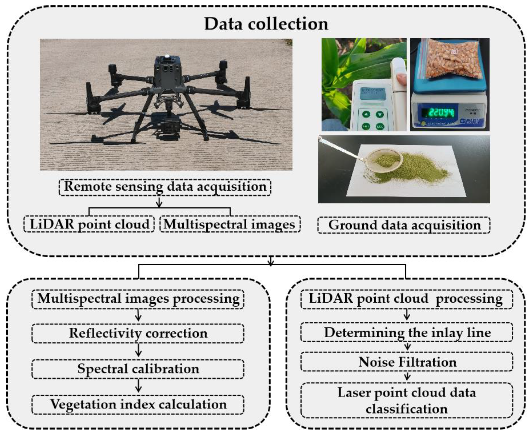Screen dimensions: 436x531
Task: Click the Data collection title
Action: coord(266,24)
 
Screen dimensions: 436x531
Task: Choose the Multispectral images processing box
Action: coord(138,299)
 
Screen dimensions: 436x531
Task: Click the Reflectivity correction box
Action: coord(138,333)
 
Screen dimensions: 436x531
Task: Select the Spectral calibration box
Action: coord(138,369)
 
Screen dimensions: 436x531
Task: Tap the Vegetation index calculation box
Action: coord(138,404)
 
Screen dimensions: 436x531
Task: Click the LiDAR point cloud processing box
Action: coord(406,299)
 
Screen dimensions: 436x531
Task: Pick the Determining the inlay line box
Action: coord(406,333)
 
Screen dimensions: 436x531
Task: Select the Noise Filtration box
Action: coord(406,362)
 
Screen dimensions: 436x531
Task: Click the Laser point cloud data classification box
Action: coord(406,400)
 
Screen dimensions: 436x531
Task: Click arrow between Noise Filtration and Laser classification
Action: coord(407,376)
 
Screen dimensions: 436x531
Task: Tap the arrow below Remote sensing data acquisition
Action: coord(159,202)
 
